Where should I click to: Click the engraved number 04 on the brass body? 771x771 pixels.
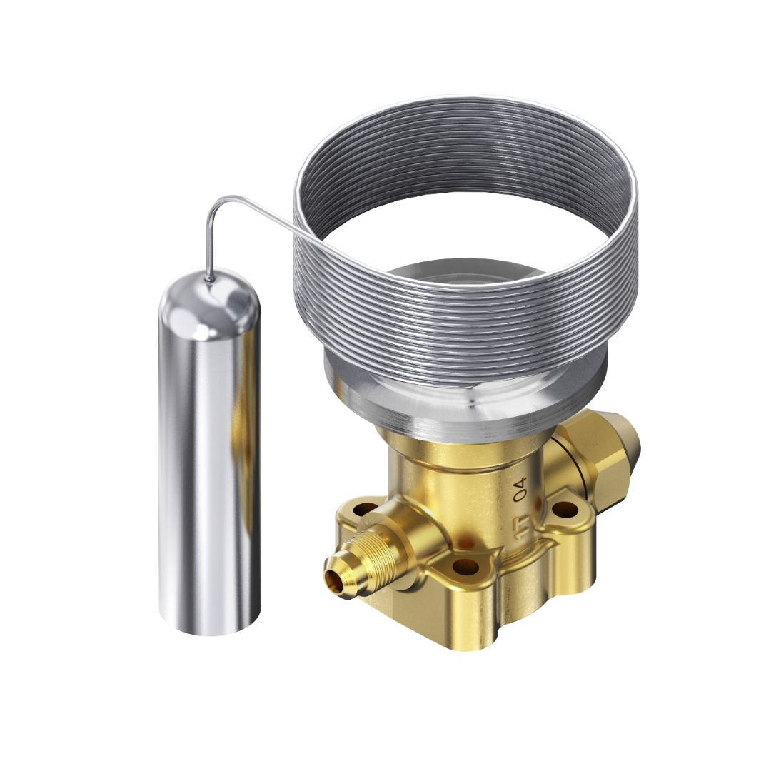click(521, 490)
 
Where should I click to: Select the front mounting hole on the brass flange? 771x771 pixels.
click(465, 567)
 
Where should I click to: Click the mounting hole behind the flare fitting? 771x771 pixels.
click(366, 509)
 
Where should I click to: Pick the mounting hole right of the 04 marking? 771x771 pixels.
click(565, 509)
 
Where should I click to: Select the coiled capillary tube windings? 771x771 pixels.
click(464, 314)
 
